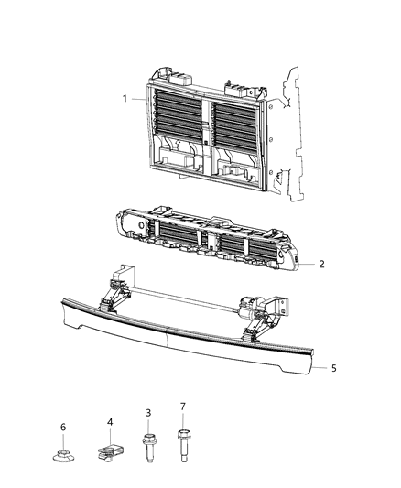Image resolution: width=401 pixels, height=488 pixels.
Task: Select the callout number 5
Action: [333, 368]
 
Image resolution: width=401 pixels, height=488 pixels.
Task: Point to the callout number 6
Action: [63, 427]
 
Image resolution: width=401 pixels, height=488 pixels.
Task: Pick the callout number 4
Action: [109, 421]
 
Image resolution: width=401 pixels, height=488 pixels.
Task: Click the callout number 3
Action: [147, 414]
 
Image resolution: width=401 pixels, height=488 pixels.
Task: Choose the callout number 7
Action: [182, 406]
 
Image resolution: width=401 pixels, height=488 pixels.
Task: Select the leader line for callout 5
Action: [320, 368]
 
